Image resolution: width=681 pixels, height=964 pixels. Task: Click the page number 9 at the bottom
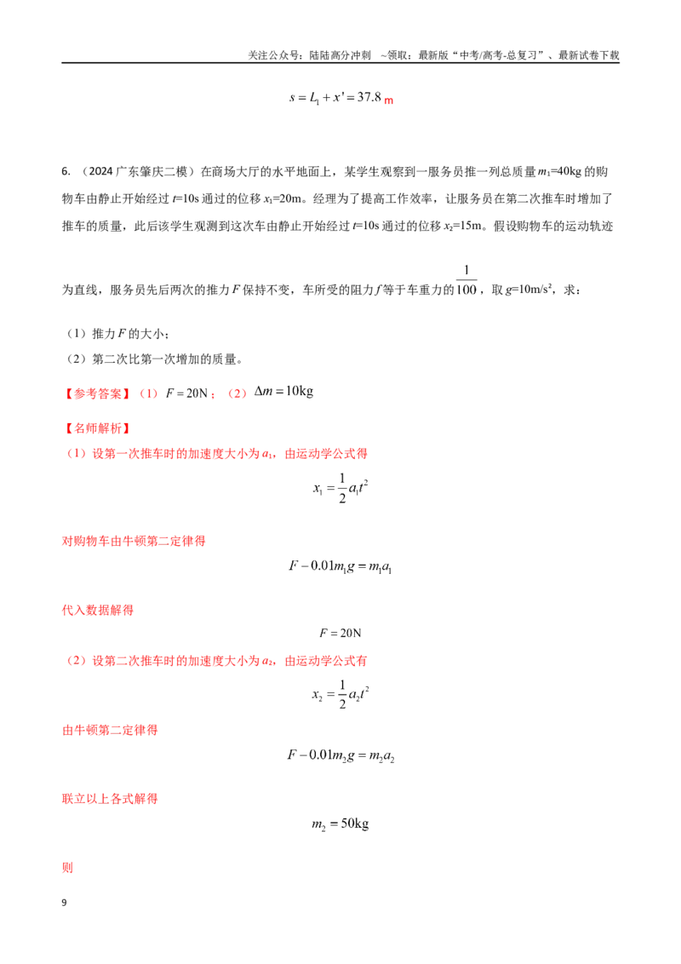pyautogui.click(x=64, y=903)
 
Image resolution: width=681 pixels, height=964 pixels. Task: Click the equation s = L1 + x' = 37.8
pyautogui.click(x=341, y=98)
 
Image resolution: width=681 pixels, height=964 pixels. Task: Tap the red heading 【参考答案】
pyautogui.click(x=97, y=393)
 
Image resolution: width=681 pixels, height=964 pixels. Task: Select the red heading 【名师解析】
pyautogui.click(x=97, y=428)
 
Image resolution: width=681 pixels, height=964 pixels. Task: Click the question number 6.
pyautogui.click(x=66, y=171)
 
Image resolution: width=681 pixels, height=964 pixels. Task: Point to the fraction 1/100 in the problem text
pyautogui.click(x=466, y=279)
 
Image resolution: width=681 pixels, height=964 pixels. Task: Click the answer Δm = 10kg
pyautogui.click(x=284, y=392)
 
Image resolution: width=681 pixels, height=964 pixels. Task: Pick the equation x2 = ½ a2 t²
pyautogui.click(x=340, y=695)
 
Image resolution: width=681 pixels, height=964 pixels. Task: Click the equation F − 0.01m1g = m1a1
pyautogui.click(x=340, y=566)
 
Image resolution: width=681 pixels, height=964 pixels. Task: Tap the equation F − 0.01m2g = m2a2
pyautogui.click(x=340, y=755)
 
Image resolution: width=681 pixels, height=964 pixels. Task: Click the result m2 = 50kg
pyautogui.click(x=340, y=824)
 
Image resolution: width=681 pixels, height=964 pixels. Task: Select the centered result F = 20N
pyautogui.click(x=340, y=633)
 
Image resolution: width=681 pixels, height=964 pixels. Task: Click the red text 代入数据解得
pyautogui.click(x=98, y=611)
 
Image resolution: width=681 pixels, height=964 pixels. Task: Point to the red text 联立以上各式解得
pyautogui.click(x=110, y=800)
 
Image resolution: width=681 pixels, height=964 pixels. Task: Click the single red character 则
pyautogui.click(x=67, y=868)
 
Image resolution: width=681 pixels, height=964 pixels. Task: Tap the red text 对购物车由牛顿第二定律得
pyautogui.click(x=134, y=542)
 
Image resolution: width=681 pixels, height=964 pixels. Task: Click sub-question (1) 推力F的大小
pyautogui.click(x=117, y=334)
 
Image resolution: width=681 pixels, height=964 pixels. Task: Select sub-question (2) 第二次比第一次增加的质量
pyautogui.click(x=153, y=359)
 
